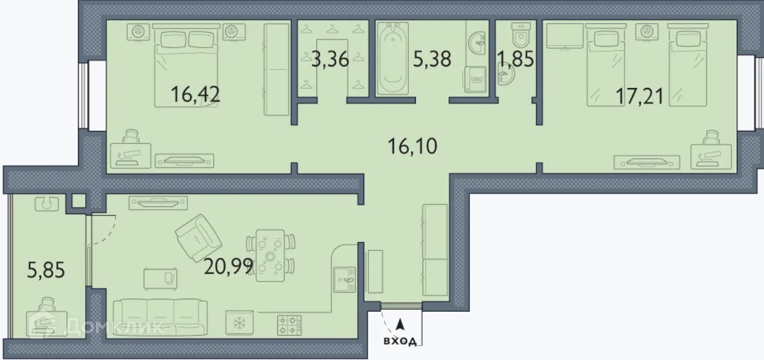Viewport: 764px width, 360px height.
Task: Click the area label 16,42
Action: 195,94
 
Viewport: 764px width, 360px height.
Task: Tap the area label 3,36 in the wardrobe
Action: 330,59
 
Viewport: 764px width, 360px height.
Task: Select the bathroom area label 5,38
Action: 432,59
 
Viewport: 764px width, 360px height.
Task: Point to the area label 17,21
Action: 640,96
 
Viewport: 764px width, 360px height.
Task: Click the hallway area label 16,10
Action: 412,146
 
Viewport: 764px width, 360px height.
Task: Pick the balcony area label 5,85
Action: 46,270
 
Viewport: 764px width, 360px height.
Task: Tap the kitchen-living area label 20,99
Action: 228,267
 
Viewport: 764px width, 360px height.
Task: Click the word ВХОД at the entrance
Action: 400,341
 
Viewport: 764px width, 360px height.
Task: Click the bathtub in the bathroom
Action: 392,58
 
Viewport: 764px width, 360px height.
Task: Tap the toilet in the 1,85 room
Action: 521,35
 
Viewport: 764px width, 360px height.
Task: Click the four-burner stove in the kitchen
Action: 289,325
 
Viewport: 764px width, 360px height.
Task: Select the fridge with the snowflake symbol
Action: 239,323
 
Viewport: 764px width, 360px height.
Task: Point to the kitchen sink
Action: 345,280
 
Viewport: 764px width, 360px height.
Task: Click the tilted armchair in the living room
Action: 199,238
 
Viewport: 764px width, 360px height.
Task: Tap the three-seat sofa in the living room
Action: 160,317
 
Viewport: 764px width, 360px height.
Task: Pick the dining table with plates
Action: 270,256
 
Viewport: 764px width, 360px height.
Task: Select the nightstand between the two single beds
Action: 647,32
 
